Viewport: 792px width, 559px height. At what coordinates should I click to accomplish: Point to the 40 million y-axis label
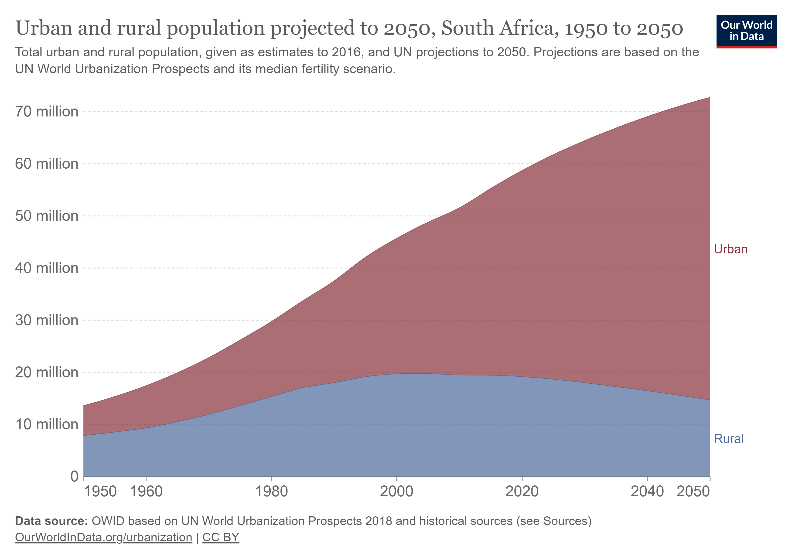tap(47, 268)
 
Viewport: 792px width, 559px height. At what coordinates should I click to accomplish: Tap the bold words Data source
tap(52, 521)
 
